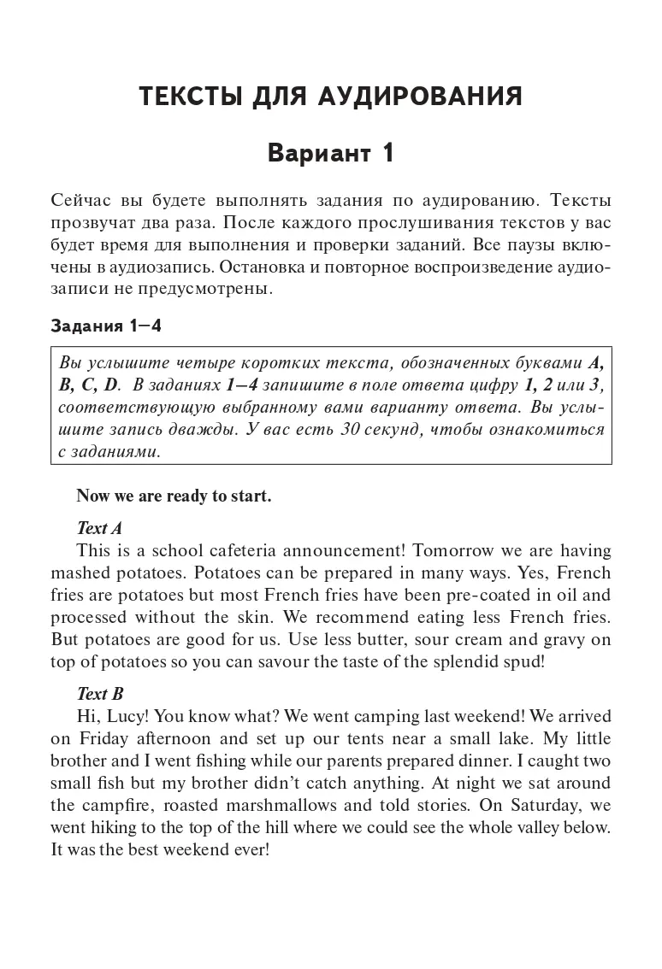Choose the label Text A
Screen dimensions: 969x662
click(100, 528)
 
